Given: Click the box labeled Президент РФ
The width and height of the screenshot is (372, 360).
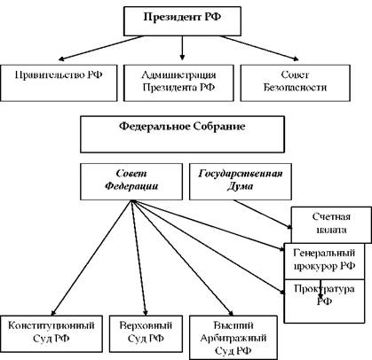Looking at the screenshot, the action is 182,21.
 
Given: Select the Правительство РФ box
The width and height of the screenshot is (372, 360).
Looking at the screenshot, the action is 59,83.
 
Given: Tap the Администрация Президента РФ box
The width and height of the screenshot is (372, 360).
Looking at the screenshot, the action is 178,83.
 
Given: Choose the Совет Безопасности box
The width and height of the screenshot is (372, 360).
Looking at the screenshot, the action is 295,83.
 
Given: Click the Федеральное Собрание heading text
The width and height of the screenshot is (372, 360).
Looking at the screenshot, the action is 182,126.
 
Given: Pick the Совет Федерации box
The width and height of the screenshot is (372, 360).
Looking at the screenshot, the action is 131,182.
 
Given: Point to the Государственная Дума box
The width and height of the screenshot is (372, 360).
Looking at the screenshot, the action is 241,182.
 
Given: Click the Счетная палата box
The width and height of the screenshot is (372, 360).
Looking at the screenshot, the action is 331,224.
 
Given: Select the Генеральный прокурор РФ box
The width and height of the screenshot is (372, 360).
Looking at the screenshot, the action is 324,261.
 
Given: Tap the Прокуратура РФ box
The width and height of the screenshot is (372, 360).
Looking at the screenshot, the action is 324,301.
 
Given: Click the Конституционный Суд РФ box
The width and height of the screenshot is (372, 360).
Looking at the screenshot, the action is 51,333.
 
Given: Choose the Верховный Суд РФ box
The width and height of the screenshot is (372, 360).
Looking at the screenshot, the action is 146,333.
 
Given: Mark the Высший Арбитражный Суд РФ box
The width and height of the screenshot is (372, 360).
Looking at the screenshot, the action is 233,337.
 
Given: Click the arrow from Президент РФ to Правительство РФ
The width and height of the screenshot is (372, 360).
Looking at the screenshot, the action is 101,48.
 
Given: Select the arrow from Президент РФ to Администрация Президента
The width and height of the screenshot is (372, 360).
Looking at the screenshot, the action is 182,48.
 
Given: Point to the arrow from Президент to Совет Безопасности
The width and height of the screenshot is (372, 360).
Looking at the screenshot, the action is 259,48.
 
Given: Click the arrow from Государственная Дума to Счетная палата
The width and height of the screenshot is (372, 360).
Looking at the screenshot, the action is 263,215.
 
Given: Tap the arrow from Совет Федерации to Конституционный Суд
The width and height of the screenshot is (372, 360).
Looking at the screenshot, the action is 91,258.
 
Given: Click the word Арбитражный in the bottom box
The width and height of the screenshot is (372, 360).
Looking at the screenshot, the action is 233,338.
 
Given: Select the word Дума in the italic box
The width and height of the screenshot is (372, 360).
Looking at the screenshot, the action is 240,186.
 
